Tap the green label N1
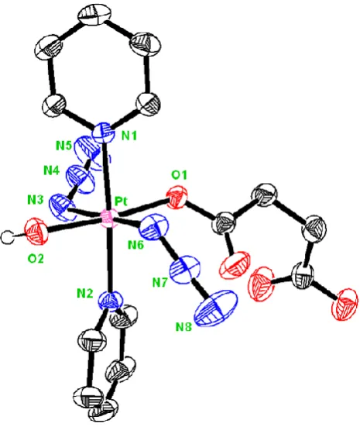pyautogui.click(x=129, y=136)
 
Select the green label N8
pyautogui.click(x=183, y=326)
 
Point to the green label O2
pyautogui.click(x=36, y=258)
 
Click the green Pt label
pyautogui.click(x=121, y=201)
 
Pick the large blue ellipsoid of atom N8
pyautogui.click(x=216, y=308)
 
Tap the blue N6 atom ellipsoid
pyautogui.click(x=153, y=228)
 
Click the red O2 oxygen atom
pyautogui.click(x=36, y=231)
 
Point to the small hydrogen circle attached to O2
pyautogui.click(x=8, y=237)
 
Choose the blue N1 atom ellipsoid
pyautogui.click(x=102, y=133)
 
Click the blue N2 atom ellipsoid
pyautogui.click(x=111, y=301)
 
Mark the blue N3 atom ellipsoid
pyautogui.click(x=62, y=207)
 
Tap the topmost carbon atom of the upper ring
pyautogui.click(x=94, y=14)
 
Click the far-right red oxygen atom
pyautogui.click(x=345, y=304)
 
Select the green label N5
pyautogui.click(x=63, y=146)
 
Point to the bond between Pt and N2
pyautogui.click(x=109, y=260)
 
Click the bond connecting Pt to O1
pyautogui.click(x=142, y=208)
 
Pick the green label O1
pyautogui.click(x=179, y=175)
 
